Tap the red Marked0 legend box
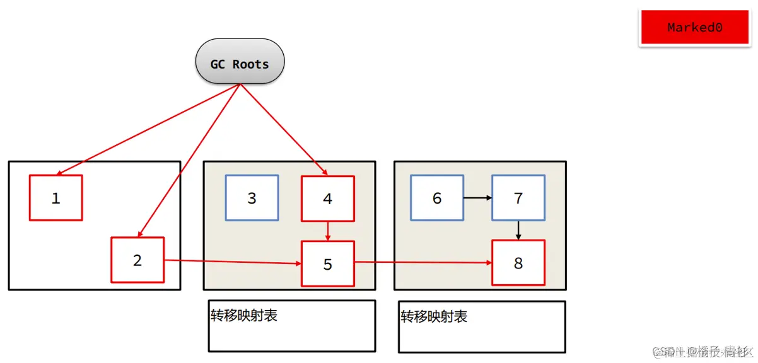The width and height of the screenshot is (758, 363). click(694, 28)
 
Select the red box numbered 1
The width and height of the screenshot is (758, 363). click(55, 198)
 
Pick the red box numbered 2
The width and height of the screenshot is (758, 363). click(137, 260)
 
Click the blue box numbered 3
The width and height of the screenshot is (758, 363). click(252, 198)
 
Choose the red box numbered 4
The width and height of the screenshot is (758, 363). click(328, 199)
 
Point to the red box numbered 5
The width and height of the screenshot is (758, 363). click(328, 263)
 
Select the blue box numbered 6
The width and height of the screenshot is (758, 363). click(437, 198)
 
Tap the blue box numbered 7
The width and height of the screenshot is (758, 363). click(518, 198)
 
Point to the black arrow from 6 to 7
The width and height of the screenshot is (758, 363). click(477, 198)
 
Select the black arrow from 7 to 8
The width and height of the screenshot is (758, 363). click(518, 230)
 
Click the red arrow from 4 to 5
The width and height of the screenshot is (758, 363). click(328, 231)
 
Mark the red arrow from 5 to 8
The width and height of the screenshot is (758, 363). click(423, 262)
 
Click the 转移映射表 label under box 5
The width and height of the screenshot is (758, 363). click(243, 315)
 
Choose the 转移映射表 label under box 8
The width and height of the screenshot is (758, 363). click(434, 316)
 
